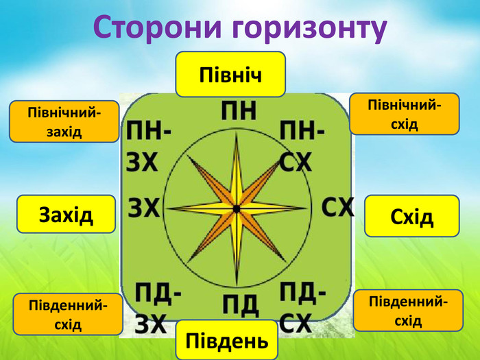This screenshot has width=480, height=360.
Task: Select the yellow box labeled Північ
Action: click(x=230, y=73)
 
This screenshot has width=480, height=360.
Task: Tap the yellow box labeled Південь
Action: click(x=226, y=340)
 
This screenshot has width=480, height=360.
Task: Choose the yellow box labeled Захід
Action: click(x=66, y=215)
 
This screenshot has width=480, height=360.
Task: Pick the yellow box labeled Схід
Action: click(x=411, y=217)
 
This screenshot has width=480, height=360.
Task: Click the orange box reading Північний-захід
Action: click(x=64, y=121)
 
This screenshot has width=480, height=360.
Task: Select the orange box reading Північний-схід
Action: click(x=404, y=114)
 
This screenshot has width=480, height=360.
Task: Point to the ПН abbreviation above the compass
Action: click(x=238, y=111)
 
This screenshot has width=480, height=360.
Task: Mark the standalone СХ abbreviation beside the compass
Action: click(x=337, y=207)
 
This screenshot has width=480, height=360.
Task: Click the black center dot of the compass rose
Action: click(x=236, y=208)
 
